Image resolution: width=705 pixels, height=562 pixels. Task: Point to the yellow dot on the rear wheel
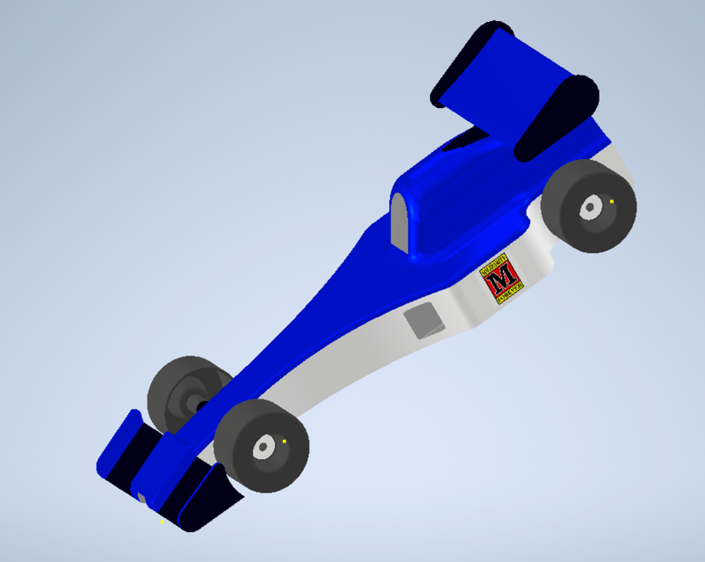pyautogui.click(x=611, y=201)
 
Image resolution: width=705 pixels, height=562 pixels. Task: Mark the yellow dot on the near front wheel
pyautogui.click(x=284, y=441)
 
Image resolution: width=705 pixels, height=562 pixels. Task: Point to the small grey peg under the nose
pyautogui.click(x=140, y=498)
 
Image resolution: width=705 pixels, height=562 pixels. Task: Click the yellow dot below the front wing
pyautogui.click(x=162, y=522)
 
